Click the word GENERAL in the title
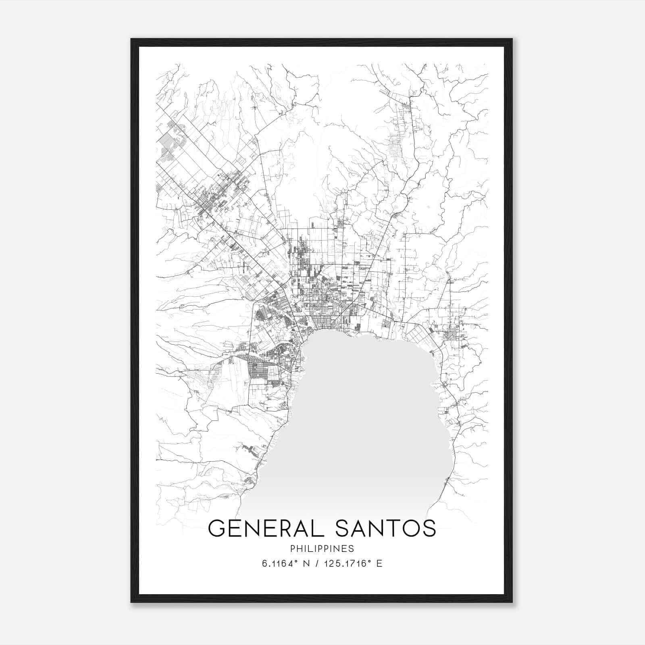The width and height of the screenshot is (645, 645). click(267, 528)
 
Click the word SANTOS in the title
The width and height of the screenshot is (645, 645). click(386, 528)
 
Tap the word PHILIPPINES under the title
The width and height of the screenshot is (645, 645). click(322, 549)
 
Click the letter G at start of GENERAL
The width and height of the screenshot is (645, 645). click(217, 528)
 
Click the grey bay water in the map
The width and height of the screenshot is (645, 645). click(363, 423)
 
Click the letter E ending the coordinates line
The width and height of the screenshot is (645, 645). click(379, 564)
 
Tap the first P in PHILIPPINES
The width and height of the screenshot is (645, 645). click(291, 549)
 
